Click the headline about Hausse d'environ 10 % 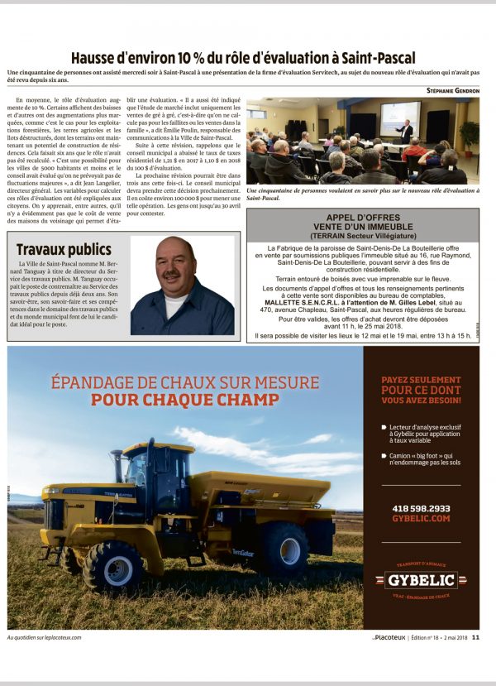[x=247, y=58]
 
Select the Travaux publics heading [x=64, y=249]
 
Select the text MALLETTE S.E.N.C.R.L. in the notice [x=320, y=303]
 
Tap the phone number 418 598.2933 [x=422, y=507]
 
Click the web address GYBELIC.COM [x=422, y=518]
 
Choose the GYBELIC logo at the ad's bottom [x=421, y=579]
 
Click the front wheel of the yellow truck [x=113, y=565]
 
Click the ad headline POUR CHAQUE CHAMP [x=184, y=400]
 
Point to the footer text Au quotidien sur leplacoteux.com [x=44, y=636]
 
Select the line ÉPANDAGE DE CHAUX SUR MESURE [x=184, y=382]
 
